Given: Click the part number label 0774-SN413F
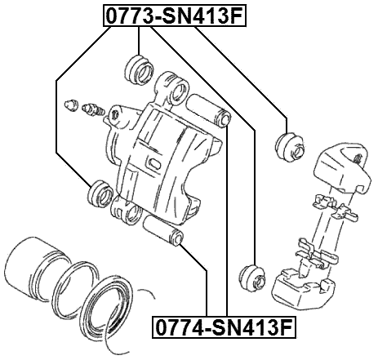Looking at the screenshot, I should point(224,328).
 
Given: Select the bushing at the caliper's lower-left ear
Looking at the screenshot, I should point(100,193).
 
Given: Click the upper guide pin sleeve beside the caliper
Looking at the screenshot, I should point(211,111).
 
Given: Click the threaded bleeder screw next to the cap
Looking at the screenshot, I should point(89,109).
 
